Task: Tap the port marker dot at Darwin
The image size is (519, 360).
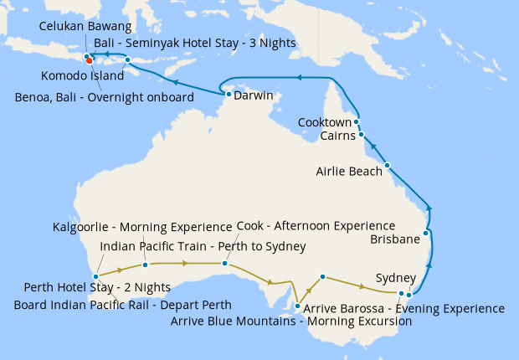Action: [228, 95]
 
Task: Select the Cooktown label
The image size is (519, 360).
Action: [324, 122]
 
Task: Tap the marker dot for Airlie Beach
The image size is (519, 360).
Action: [388, 165]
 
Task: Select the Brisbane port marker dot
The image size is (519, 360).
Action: [427, 233]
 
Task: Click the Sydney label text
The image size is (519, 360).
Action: [395, 277]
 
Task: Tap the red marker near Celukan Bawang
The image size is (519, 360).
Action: [89, 59]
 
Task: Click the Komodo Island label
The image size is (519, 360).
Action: [82, 76]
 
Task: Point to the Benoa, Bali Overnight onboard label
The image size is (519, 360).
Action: [105, 97]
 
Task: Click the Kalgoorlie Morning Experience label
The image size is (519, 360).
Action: [141, 228]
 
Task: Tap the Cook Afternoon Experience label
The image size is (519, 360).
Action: [316, 227]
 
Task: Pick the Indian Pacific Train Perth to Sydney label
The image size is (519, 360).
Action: [203, 246]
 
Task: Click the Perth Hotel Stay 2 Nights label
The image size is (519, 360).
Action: [97, 287]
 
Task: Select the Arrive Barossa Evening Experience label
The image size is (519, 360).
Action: [404, 308]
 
